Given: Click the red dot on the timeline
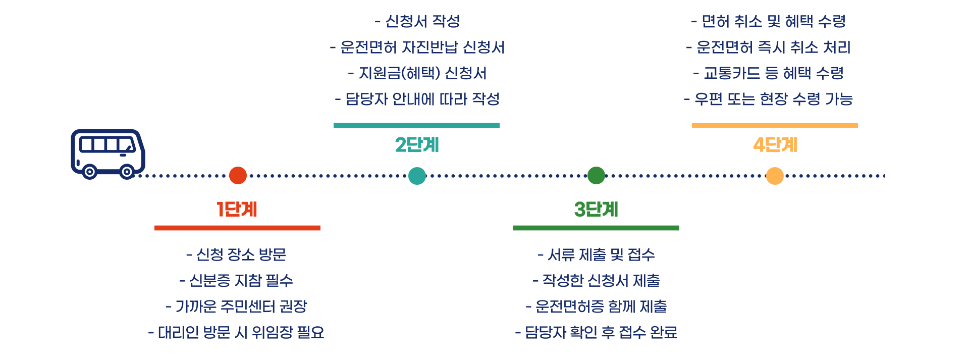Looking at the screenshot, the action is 238,176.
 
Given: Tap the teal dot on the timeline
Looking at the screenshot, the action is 417,176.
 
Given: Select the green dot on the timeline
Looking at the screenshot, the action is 596,176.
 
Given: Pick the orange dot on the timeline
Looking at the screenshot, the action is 775,176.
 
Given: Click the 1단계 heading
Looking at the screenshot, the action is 237,209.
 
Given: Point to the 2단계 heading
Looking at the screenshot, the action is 417,145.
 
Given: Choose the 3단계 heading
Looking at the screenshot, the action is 596,209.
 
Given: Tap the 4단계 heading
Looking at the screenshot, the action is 775,145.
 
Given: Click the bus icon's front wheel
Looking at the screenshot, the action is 127,172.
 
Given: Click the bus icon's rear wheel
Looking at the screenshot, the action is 89,172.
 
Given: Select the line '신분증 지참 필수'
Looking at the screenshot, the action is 237,281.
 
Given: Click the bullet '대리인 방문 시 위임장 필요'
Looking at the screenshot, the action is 237,332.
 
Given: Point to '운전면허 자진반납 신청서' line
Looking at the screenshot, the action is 417,47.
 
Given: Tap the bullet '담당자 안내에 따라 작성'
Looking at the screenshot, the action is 417,99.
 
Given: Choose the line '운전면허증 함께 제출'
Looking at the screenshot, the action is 596,306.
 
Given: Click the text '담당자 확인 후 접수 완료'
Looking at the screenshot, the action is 596,332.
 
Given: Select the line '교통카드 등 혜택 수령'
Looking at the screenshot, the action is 769,73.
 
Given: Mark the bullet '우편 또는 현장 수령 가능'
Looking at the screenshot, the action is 769,99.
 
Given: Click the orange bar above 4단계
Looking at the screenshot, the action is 775,125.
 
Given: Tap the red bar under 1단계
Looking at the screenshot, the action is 237,228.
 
